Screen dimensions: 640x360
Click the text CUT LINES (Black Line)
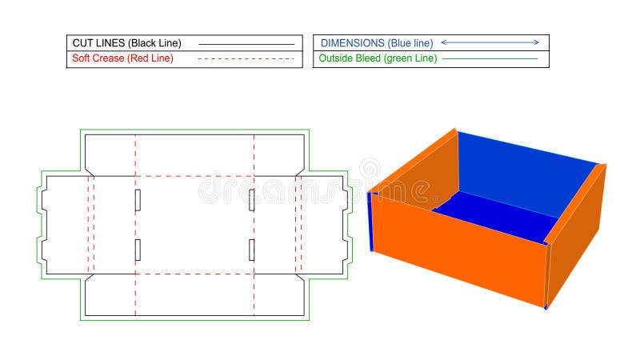126,43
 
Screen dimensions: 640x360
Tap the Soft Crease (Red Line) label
122,58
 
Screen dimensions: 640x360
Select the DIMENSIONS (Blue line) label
377,43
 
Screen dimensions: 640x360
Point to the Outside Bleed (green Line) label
378,58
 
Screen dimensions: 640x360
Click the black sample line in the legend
246,44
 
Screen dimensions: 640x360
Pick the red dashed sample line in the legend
246,59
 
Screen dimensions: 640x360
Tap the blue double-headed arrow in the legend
490,42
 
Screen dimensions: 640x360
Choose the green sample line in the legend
490,58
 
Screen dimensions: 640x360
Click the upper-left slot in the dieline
138,200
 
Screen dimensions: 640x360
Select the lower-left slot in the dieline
138,250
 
